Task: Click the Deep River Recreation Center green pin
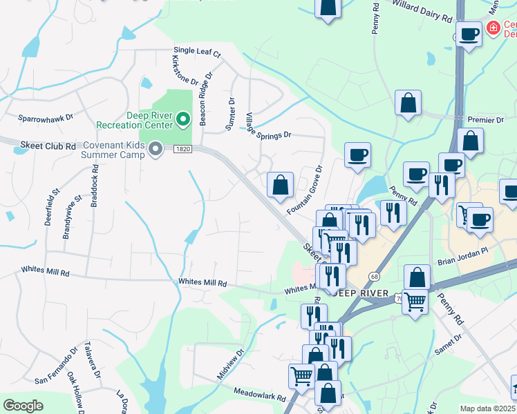click(x=182, y=120)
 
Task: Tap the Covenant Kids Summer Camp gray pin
click(x=156, y=149)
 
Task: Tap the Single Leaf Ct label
click(x=197, y=52)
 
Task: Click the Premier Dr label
click(x=486, y=119)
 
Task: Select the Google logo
click(x=23, y=406)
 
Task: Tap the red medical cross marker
click(x=493, y=28)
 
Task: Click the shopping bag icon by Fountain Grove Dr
click(x=280, y=185)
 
